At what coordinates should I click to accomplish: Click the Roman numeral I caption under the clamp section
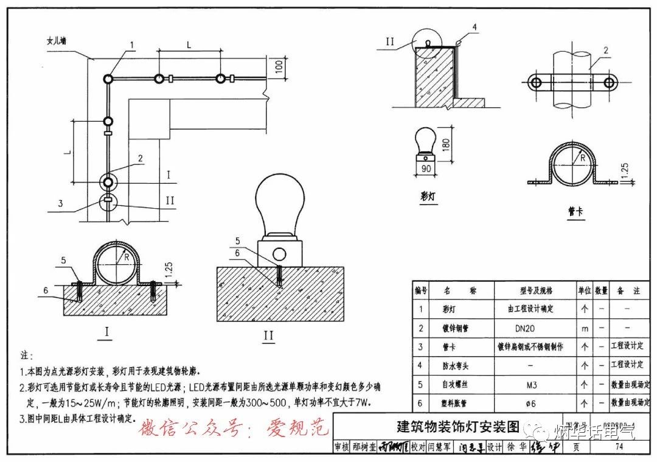coord(108,332)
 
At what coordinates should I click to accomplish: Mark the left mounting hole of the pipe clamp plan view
coord(536,83)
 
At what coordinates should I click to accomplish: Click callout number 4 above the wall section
coord(474,27)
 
